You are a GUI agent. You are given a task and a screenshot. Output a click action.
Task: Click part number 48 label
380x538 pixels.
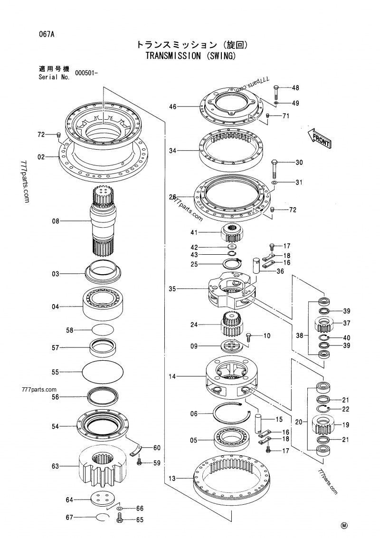[x=295, y=88]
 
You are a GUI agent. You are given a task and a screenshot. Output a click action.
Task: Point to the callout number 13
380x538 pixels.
[x=172, y=478]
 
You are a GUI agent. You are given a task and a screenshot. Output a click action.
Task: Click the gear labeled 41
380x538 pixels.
[x=232, y=233]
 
